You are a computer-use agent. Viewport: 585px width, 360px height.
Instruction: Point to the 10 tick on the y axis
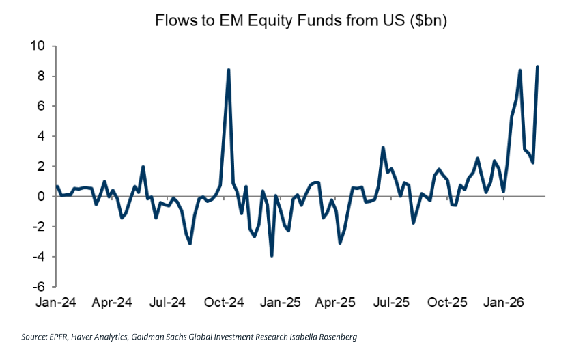(x=36, y=46)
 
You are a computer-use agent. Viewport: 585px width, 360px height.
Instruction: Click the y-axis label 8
(x=40, y=77)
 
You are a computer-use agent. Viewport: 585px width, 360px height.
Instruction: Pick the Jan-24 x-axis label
(x=56, y=302)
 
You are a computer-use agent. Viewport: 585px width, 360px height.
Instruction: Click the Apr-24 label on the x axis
(x=112, y=302)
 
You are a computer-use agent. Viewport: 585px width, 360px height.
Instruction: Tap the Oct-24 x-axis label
(x=225, y=302)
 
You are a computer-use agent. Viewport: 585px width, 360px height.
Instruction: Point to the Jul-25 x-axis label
(x=393, y=302)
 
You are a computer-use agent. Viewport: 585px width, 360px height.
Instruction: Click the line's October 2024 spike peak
(x=228, y=70)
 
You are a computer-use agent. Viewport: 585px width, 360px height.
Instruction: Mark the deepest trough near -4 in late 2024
(x=272, y=255)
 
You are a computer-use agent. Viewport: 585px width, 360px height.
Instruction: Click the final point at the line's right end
(x=538, y=66)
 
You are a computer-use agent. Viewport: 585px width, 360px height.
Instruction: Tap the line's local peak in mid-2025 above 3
(x=384, y=148)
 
